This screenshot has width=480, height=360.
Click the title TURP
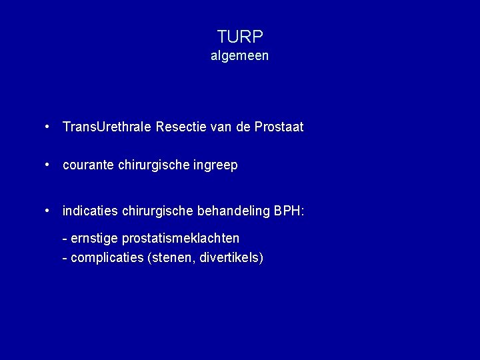click(x=240, y=37)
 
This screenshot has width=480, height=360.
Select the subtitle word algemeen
click(x=240, y=56)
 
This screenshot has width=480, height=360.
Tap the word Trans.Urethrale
click(x=107, y=127)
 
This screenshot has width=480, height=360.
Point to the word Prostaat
click(x=278, y=127)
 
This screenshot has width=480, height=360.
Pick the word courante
click(x=87, y=165)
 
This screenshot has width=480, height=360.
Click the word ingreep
click(x=215, y=165)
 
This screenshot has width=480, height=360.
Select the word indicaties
click(x=87, y=211)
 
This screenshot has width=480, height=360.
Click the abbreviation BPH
click(x=288, y=211)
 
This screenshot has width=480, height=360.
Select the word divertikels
click(x=227, y=257)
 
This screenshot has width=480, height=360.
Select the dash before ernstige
click(x=64, y=239)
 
